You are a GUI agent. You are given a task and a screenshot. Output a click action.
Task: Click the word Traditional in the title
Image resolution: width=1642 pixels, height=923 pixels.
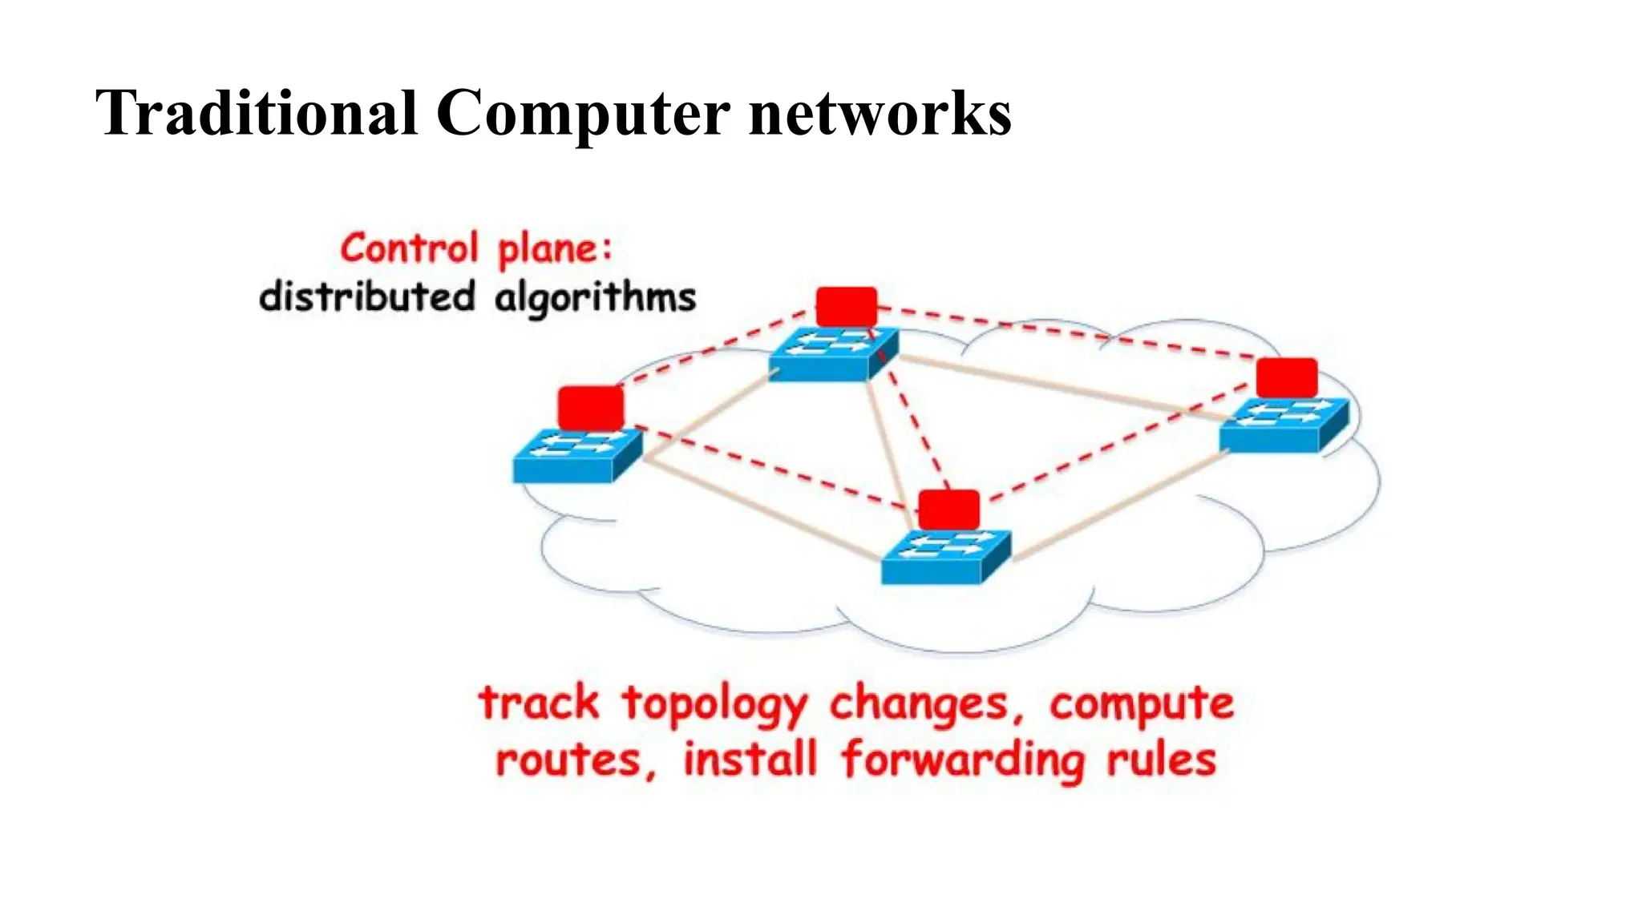point(257,114)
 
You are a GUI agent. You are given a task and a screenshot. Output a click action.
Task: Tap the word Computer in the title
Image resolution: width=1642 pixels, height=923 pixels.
point(583,114)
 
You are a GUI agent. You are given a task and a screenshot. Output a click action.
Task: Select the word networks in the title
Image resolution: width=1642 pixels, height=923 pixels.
point(880,114)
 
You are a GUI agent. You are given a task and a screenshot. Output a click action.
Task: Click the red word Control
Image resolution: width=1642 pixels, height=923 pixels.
point(409,248)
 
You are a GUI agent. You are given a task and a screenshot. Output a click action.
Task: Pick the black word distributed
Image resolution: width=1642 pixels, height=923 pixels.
point(367,296)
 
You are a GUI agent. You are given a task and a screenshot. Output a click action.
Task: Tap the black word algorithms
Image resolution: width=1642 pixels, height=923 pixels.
point(595,298)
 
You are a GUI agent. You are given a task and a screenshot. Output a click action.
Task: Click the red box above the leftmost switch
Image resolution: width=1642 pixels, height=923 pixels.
point(591,408)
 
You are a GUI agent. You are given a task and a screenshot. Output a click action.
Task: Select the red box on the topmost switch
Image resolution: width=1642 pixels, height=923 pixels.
point(846,307)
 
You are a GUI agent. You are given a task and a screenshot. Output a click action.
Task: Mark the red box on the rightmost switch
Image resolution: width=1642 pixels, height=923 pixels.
point(1286,377)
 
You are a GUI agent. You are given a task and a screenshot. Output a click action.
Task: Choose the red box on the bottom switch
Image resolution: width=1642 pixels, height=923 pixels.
point(948,510)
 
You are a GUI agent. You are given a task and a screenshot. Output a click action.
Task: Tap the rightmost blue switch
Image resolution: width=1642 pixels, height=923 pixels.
point(1282,426)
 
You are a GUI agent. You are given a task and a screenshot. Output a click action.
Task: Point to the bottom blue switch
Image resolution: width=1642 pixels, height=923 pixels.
point(944,558)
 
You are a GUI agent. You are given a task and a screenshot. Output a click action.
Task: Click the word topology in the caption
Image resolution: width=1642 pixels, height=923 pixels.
point(714,705)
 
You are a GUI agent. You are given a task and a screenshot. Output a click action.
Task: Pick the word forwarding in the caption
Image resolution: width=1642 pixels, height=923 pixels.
point(963,760)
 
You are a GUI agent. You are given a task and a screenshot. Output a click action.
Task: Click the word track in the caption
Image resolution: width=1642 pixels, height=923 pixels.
point(538,703)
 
